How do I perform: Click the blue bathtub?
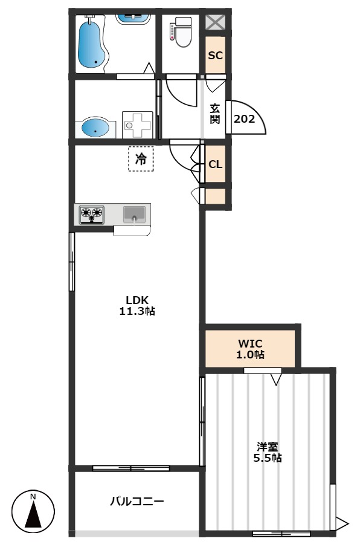pyautogui.click(x=91, y=44)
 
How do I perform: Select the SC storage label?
pyautogui.click(x=215, y=55)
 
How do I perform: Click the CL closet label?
pyautogui.click(x=215, y=164)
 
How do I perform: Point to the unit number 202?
pyautogui.click(x=244, y=119)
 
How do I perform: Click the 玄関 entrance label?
pyautogui.click(x=214, y=114)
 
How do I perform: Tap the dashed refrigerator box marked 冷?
pyautogui.click(x=141, y=159)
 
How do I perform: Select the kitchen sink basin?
pyautogui.click(x=134, y=214)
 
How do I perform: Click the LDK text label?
pyautogui.click(x=137, y=300)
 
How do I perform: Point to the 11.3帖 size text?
pyautogui.click(x=137, y=311)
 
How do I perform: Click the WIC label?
pyautogui.click(x=250, y=343)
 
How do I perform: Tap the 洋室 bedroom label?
pyautogui.click(x=268, y=446)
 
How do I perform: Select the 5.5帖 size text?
pyautogui.click(x=268, y=458)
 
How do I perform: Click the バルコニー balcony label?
pyautogui.click(x=137, y=502)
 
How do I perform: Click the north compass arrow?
pyautogui.click(x=33, y=514)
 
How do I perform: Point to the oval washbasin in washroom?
pyautogui.click(x=95, y=128)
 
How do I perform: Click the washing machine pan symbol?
pyautogui.click(x=138, y=125)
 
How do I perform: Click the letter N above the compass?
pyautogui.click(x=33, y=497)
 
